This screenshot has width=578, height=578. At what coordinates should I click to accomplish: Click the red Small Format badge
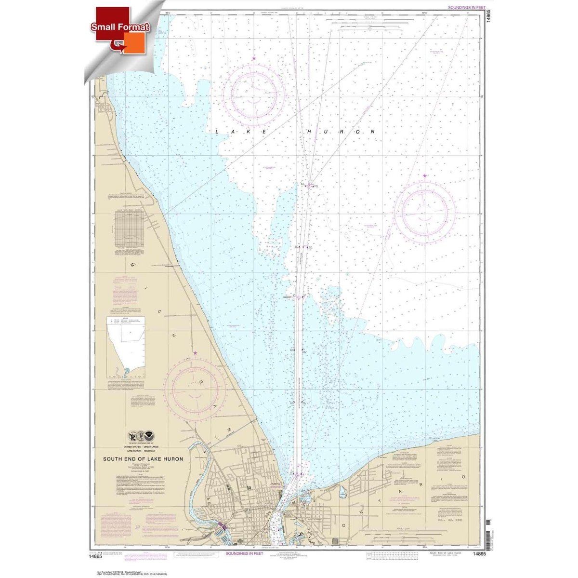(x=121, y=27)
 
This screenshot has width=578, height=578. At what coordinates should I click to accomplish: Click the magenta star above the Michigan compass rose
(x=195, y=353)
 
